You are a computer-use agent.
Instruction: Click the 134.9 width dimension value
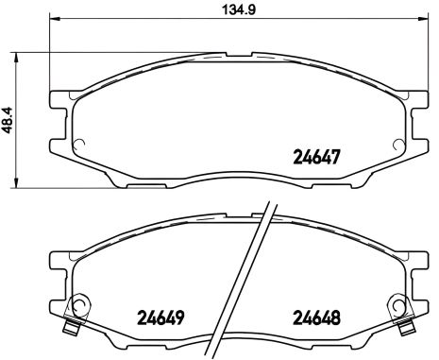pos(232,11)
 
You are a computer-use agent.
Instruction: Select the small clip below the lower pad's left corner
pos(70,327)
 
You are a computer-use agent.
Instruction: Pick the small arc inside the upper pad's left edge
pos(80,145)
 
